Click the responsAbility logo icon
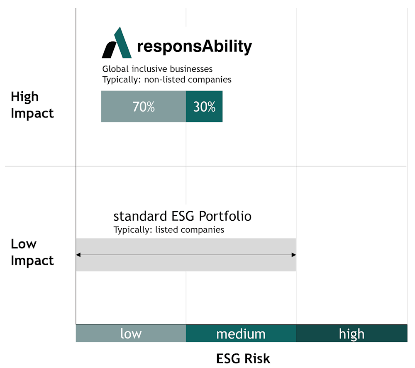pos(117,43)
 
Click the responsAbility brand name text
pos(194,47)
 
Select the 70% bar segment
pos(144,107)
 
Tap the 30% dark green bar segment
pos(204,107)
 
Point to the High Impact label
pos(32,105)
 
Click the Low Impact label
pos(32,252)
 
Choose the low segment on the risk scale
pos(131,334)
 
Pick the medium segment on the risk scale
pos(241,334)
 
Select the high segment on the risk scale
pos(352,334)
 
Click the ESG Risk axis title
pos(243,358)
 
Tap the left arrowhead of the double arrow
pos(78,255)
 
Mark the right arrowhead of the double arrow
pos(293,255)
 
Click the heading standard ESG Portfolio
pos(182,217)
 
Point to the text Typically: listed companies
pos(169,230)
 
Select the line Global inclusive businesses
pos(157,69)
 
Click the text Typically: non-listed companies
pos(167,79)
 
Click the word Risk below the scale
pos(257,358)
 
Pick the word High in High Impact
pos(24,97)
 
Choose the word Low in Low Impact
pos(24,244)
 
